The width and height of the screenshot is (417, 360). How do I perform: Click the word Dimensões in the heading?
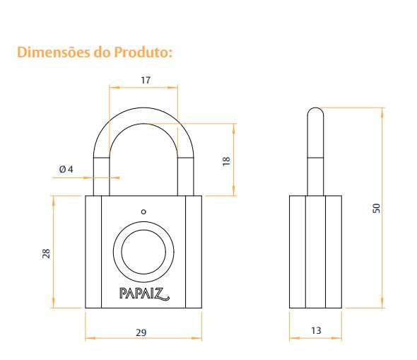point(54,52)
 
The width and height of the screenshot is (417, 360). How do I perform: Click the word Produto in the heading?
point(141,52)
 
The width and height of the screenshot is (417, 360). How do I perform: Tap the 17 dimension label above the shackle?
point(146,80)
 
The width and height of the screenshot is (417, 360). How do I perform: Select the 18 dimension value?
point(226,161)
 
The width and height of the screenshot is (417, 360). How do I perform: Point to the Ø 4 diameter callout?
point(66,169)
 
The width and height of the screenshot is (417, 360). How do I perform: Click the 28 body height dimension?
point(46,253)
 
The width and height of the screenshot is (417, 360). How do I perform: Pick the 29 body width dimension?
point(141,332)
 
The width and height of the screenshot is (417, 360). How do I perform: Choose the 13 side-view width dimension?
point(316,330)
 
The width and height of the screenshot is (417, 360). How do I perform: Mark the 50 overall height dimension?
point(376,208)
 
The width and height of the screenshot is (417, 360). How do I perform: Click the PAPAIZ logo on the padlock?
point(144,294)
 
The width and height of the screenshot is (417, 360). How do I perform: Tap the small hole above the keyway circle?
point(143,211)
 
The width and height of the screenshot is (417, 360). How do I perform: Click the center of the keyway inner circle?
point(143,252)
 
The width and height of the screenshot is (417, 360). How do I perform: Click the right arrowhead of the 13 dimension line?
point(336,338)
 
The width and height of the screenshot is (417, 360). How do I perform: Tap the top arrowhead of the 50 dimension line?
point(382,112)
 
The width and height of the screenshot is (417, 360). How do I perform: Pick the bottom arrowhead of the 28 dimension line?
point(54,303)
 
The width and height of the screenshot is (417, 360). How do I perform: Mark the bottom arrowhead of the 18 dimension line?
point(234,190)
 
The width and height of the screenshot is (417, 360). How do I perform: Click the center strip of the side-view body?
point(315,252)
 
